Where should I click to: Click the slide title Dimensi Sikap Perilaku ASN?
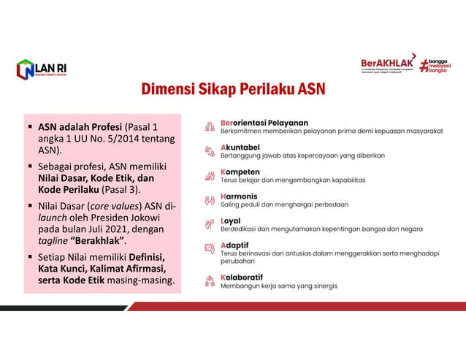(x=233, y=91)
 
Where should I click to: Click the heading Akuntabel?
(x=240, y=147)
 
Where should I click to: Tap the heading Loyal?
(x=231, y=220)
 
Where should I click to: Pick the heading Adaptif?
(x=235, y=245)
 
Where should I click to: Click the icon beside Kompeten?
(x=210, y=176)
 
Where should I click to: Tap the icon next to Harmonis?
(x=210, y=200)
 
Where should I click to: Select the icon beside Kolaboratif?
(x=210, y=281)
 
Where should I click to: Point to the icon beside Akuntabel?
(x=210, y=150)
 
